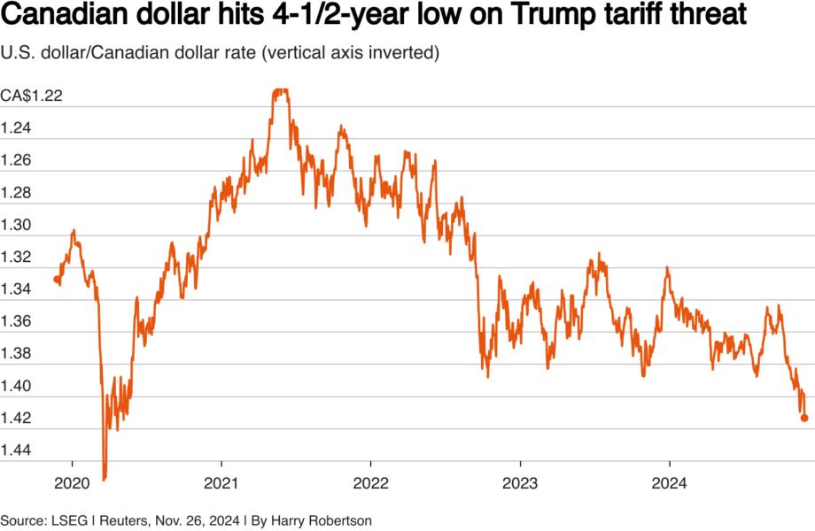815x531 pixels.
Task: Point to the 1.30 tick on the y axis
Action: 17,226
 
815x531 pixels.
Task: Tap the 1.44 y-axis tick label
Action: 17,451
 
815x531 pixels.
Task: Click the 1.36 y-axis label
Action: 17,322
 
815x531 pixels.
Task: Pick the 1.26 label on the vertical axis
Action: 17,161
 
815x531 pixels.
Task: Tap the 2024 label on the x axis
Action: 669,486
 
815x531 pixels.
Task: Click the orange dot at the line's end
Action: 804,419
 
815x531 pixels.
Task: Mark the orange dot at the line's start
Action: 57,280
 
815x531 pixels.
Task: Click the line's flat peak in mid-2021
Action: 281,90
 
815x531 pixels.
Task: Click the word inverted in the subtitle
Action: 403,54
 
